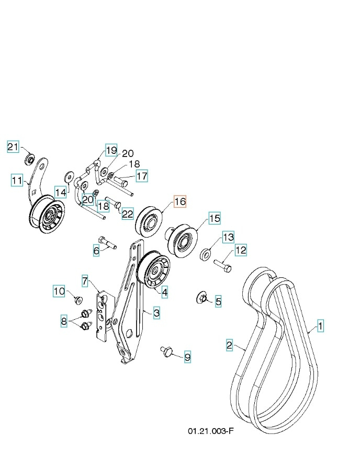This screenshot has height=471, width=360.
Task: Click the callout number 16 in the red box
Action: [x=179, y=201]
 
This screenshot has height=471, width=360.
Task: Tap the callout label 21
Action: [x=13, y=147]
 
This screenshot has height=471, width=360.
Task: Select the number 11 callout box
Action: [x=17, y=181]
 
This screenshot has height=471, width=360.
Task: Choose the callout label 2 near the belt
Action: [x=229, y=345]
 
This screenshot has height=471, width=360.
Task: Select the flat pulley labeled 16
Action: [x=149, y=221]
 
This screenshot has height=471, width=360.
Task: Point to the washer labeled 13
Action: [x=207, y=255]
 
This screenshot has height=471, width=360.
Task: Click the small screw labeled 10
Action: [x=79, y=299]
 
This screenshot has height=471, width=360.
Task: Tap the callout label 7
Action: [x=85, y=281]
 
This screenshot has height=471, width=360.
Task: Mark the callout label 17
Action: [x=142, y=176]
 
